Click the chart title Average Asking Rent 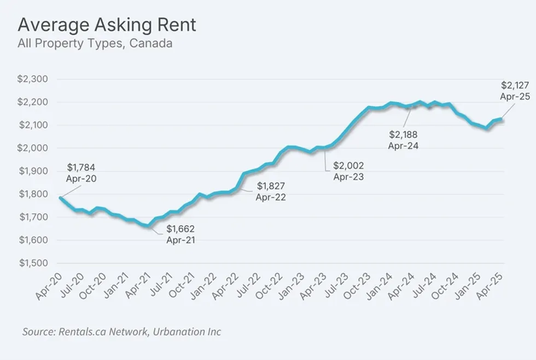pos(107,25)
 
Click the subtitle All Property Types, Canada pos(95,43)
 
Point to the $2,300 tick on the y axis pos(33,79)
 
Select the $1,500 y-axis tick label pos(33,263)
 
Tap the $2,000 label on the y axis pos(33,148)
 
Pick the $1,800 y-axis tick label pos(33,194)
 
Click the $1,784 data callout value pos(81,167)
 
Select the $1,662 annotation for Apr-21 pos(180,229)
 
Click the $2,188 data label pos(403,135)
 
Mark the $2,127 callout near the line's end pos(515,85)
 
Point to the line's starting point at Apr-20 pos(60,198)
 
